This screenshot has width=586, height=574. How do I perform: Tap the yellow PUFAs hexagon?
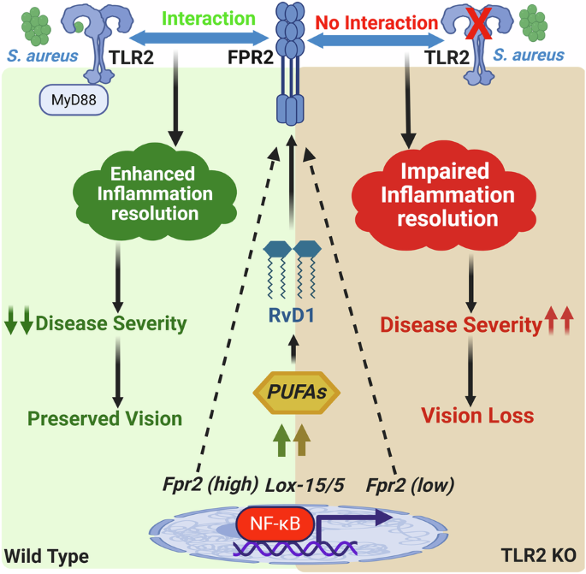295,394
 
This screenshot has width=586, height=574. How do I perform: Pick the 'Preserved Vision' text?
104,418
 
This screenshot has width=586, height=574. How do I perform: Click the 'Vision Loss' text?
476,416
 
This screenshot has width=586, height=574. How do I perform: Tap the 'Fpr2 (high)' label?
210,484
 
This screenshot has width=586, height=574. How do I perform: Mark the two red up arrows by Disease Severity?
560,324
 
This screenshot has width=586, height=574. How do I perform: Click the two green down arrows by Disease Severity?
19,324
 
